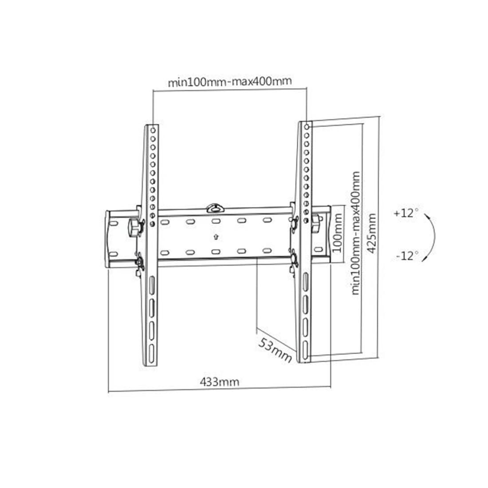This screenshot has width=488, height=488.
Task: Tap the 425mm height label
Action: click(372, 233)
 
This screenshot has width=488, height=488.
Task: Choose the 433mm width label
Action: click(219, 381)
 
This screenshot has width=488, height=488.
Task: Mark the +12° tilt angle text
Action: click(405, 213)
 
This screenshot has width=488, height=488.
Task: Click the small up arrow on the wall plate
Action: click(216, 236)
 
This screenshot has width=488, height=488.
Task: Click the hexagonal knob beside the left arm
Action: click(134, 228)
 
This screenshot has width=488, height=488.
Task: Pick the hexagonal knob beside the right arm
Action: click(316, 223)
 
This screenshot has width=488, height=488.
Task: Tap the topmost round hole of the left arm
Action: click(153, 130)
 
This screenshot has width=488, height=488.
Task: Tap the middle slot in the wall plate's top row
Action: click(216, 221)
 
